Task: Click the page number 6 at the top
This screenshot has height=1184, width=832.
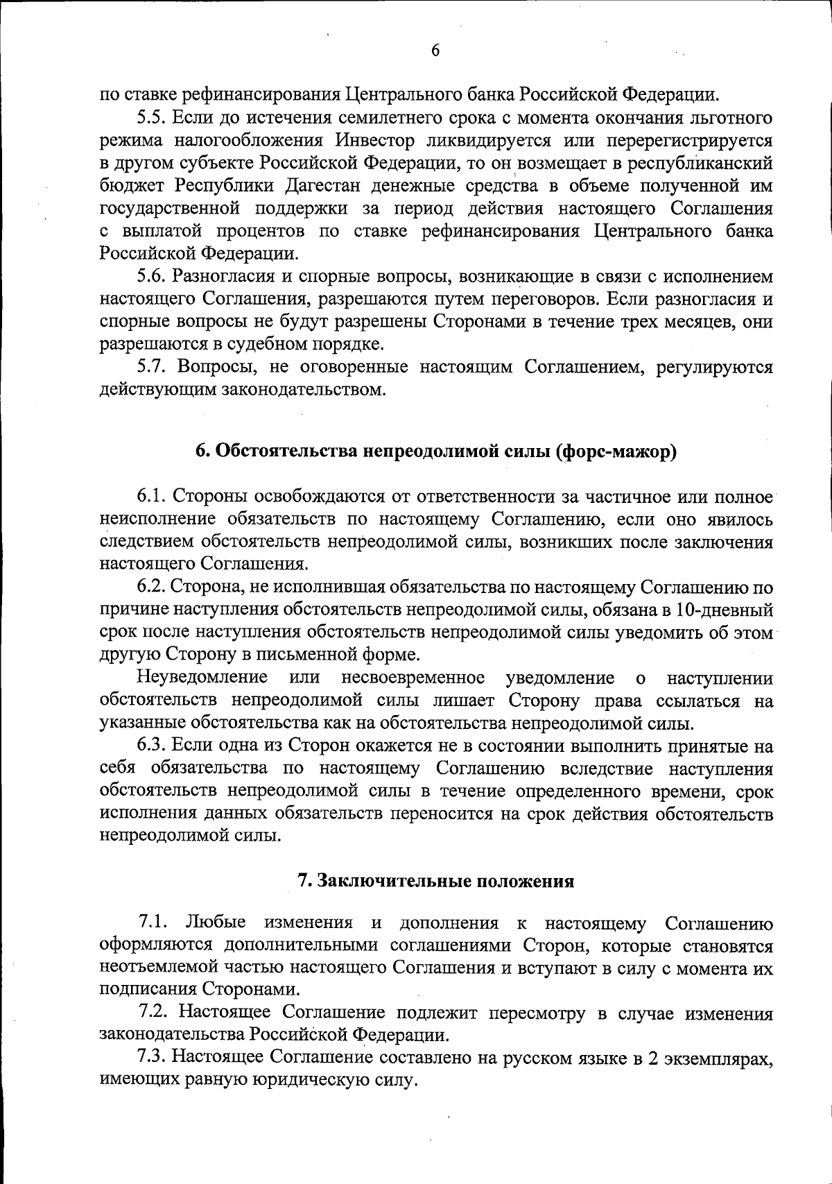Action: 435,50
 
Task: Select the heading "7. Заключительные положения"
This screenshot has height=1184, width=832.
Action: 435,881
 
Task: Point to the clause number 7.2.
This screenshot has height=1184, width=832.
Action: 152,1013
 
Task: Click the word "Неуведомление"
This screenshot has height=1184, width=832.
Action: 203,677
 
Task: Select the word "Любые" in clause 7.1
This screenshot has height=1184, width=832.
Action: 216,923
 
